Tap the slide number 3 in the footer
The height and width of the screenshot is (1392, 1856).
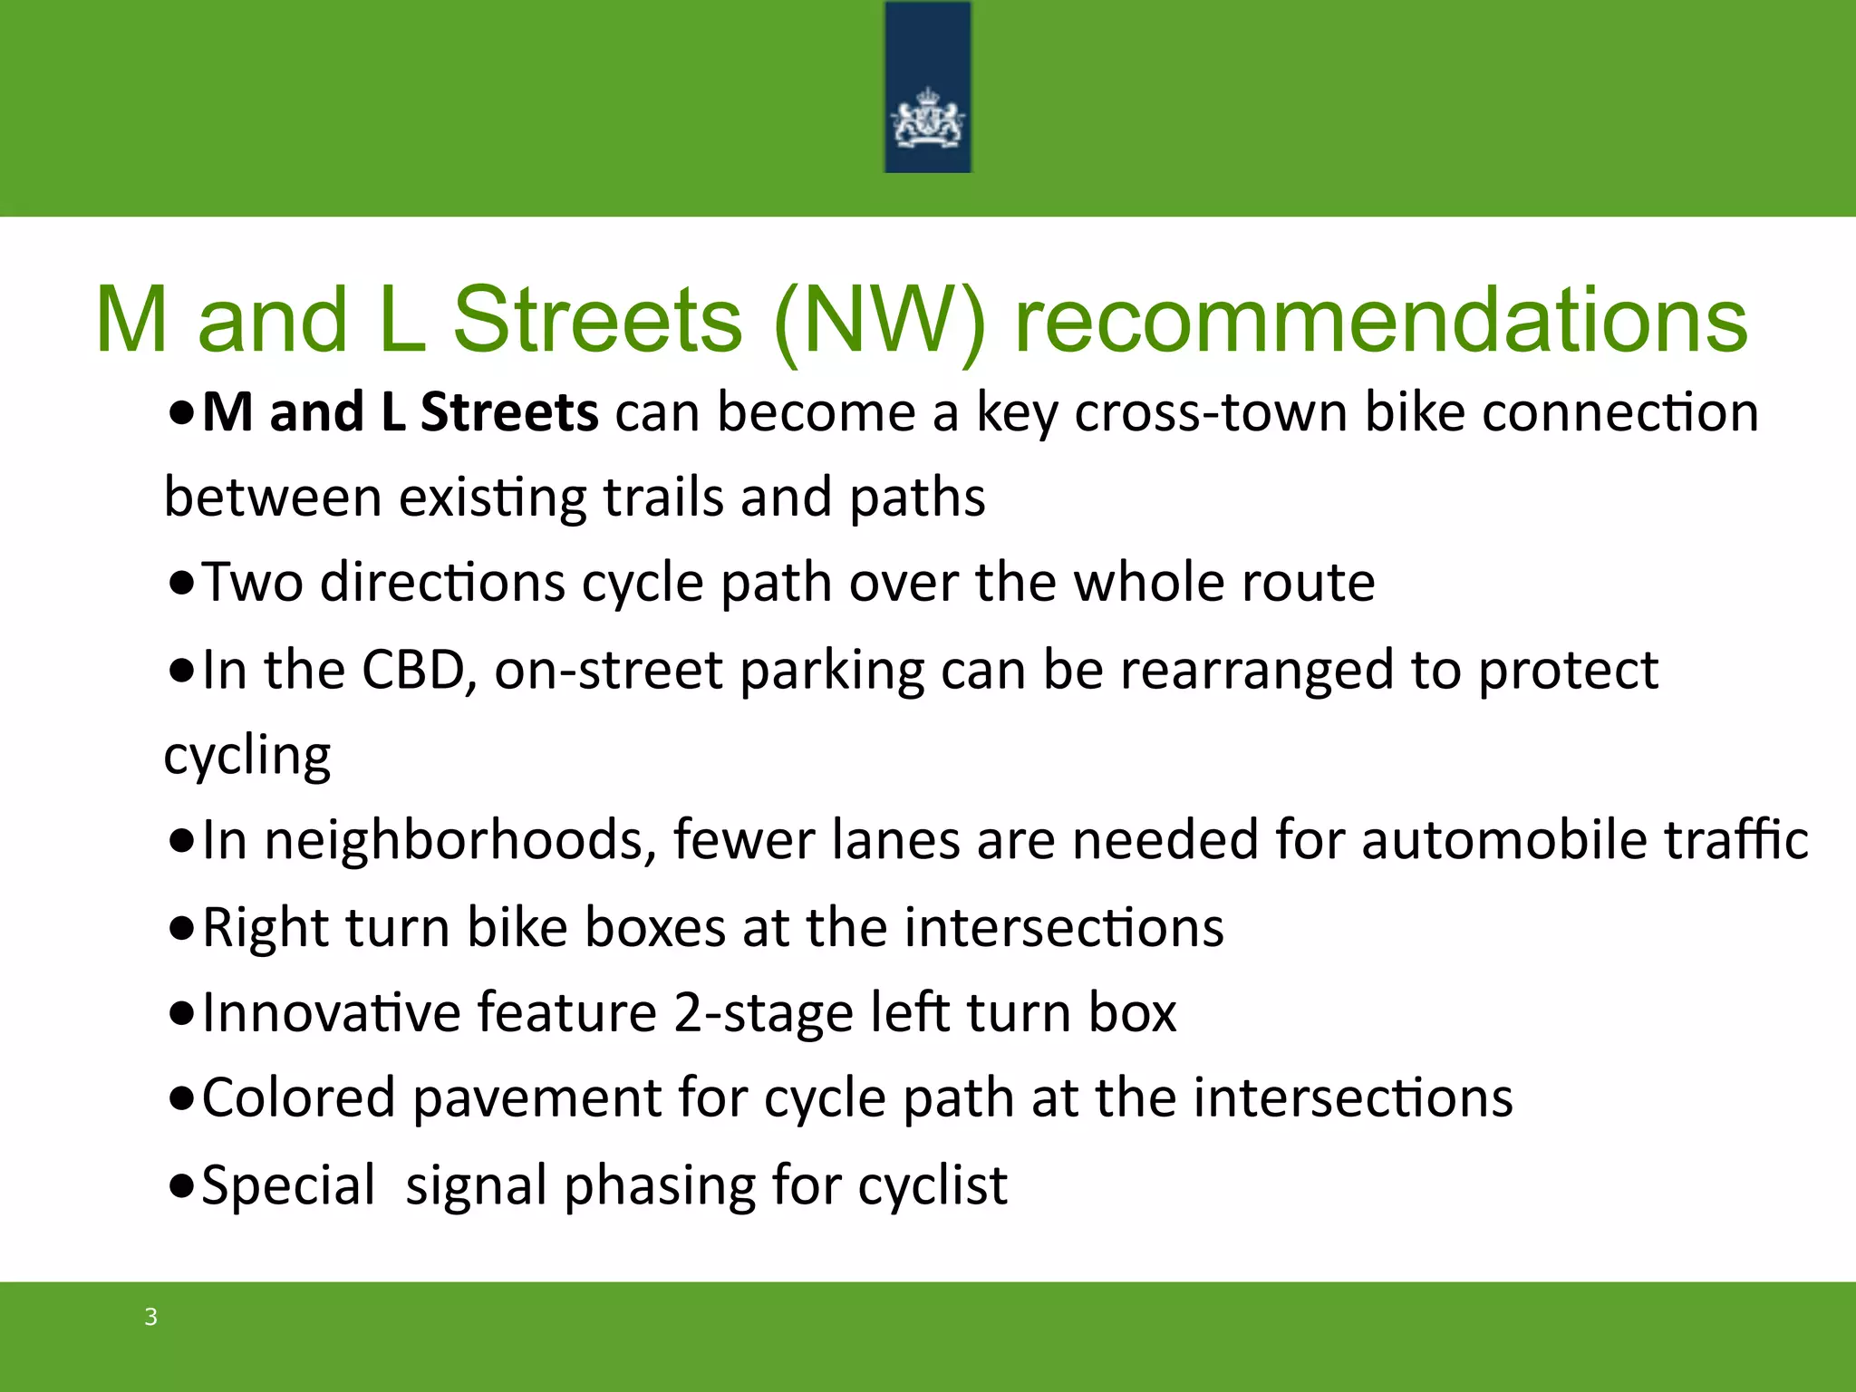151,1317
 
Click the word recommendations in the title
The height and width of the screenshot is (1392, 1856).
1380,320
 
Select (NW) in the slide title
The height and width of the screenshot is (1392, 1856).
879,320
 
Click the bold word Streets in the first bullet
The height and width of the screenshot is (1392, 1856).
509,412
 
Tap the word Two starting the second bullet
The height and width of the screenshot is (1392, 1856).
252,582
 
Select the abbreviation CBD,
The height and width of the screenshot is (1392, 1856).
419,670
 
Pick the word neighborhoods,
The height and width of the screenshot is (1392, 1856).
459,840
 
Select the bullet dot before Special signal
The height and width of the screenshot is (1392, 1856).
181,1186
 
